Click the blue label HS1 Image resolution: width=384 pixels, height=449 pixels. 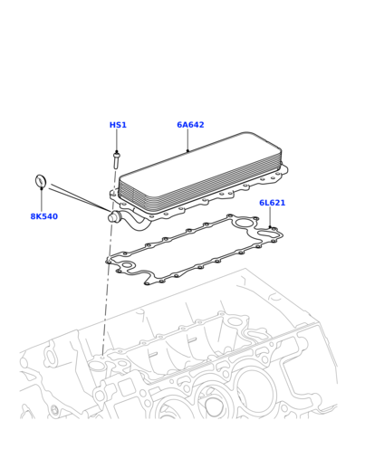pos(118,125)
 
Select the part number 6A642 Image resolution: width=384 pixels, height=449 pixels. pos(190,125)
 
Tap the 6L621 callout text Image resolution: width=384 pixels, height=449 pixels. pos(272,203)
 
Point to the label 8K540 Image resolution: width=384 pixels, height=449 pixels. pos(44,216)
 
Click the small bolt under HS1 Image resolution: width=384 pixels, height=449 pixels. pos(117,160)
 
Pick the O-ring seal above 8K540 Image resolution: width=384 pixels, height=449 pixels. pos(41,181)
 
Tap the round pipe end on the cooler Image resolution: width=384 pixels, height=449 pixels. pos(114,217)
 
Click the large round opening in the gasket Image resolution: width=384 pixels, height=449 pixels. pos(243,224)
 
